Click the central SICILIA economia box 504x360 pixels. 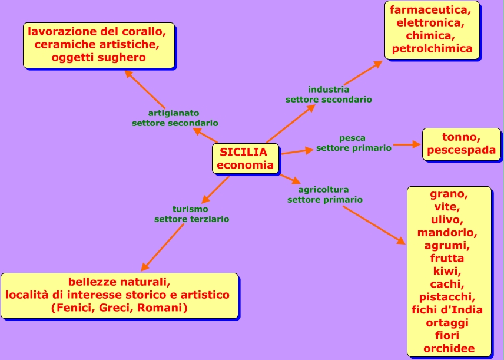tap(246, 158)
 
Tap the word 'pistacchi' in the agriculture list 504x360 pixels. tap(447, 296)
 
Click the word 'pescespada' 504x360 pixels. tap(461, 150)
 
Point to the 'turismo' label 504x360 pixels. tap(190, 209)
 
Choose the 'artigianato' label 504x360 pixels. tap(174, 113)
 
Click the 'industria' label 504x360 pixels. tap(329, 90)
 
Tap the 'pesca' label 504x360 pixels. tap(352, 138)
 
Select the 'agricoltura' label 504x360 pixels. tap(323, 190)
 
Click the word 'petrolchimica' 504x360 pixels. tap(432, 49)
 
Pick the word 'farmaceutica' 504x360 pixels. tap(430, 10)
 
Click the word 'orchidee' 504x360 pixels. tap(449, 348)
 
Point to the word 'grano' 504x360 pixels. tap(449, 194)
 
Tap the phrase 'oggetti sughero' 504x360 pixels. tap(98, 57)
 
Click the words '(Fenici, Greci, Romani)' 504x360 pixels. tap(119, 308)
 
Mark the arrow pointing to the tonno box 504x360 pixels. tap(407, 144)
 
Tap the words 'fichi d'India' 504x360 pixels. tap(447, 309)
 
